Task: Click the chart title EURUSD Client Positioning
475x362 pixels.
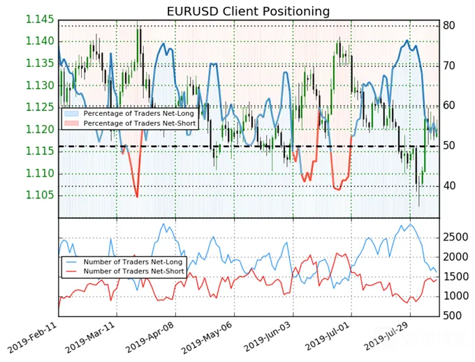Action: (248, 11)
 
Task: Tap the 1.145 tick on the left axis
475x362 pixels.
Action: (40, 20)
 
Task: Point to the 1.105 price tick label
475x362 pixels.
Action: (40, 195)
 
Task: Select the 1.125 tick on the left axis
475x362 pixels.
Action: (40, 107)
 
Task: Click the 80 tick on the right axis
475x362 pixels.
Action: (449, 25)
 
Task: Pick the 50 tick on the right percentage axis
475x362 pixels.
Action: (449, 146)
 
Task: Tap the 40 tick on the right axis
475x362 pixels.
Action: (449, 186)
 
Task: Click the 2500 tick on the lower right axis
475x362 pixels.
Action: (455, 237)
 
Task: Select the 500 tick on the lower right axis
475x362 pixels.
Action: (452, 316)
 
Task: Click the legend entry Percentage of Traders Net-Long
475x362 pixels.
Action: (138, 114)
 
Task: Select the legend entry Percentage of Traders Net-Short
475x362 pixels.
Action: (140, 123)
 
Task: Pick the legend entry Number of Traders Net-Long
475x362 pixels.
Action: (133, 262)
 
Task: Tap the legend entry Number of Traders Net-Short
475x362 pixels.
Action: (134, 271)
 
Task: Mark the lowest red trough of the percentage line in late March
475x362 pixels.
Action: (137, 197)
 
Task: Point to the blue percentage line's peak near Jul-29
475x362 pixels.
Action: (407, 40)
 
